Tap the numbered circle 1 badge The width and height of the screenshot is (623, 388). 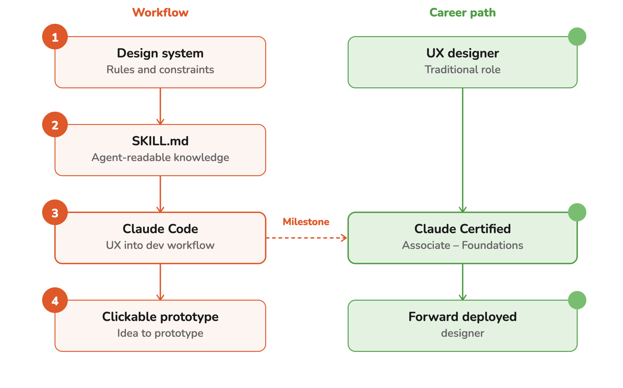coord(55,37)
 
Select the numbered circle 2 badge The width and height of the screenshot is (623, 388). coord(55,124)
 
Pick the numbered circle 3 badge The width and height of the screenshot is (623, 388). coord(55,212)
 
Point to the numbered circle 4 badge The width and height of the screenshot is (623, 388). coord(55,300)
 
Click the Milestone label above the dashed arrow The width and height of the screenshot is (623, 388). coord(306,222)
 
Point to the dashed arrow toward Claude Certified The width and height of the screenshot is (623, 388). coord(307,238)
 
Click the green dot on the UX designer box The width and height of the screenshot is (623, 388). coord(577,37)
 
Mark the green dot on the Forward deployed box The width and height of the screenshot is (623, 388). coord(577,300)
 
